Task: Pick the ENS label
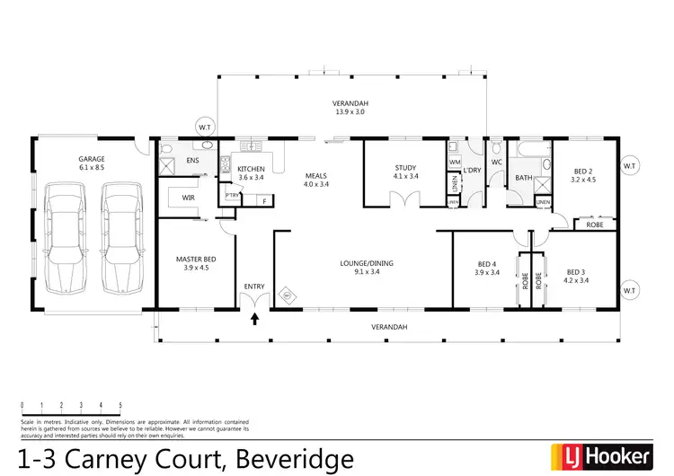click(191, 161)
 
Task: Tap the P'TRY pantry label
click(232, 196)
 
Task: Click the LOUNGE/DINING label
click(366, 263)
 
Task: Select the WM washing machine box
click(454, 162)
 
